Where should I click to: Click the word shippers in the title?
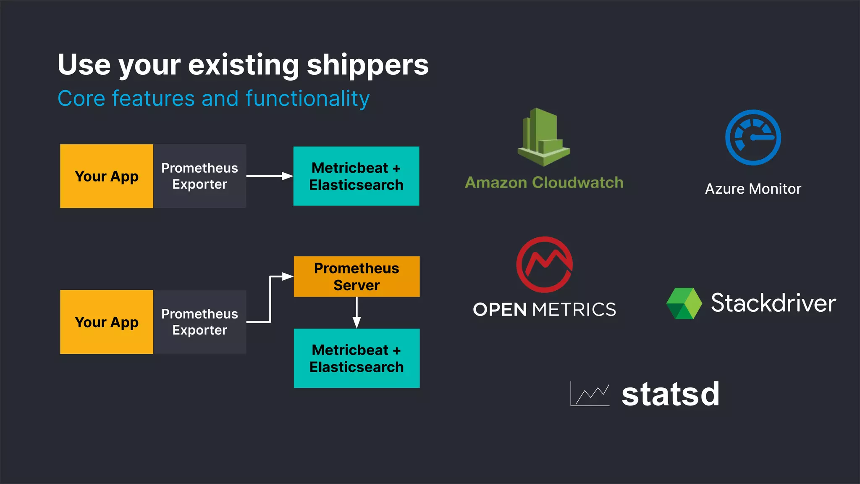pos(367,65)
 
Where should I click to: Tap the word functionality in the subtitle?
pos(307,99)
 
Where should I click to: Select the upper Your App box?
pos(107,176)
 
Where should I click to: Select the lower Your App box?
pos(107,322)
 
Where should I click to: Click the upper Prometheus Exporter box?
pos(199,176)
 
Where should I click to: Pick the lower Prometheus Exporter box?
pos(199,322)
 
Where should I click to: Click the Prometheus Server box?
pos(357,276)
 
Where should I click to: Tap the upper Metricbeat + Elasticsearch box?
pos(356,176)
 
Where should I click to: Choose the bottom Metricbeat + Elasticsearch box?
pos(357,358)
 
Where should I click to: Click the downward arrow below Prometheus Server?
pos(357,313)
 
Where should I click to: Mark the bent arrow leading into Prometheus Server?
pos(270,298)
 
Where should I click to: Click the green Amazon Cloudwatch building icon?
pos(543,137)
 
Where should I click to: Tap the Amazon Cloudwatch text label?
pos(544,183)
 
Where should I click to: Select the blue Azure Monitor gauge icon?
pos(753,137)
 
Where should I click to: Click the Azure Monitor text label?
pos(753,189)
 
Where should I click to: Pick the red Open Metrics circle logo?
pos(545,265)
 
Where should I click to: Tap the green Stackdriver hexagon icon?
pos(684,303)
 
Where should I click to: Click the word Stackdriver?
pos(773,303)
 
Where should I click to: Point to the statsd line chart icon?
pos(590,394)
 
